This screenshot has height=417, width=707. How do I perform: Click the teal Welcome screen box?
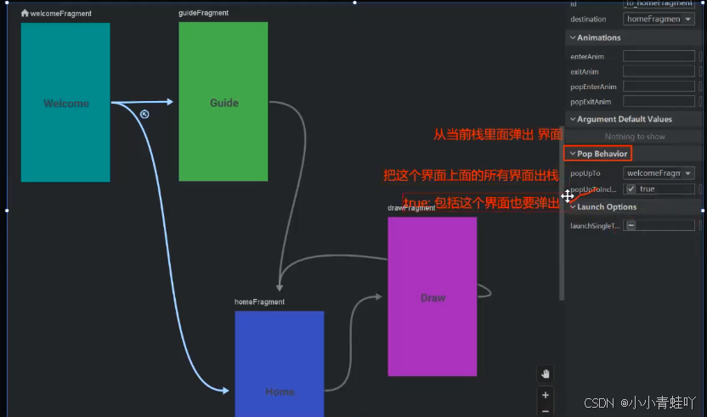click(65, 102)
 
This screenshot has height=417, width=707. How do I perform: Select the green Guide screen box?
click(223, 102)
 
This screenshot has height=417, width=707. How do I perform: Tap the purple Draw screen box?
click(432, 296)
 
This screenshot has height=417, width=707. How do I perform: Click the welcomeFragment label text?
click(61, 14)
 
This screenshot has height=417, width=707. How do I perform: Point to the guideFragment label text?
click(203, 13)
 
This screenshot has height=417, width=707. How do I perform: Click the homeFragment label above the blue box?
click(259, 301)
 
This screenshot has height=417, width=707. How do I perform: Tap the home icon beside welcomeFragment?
click(25, 14)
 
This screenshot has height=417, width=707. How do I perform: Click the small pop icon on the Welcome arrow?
click(144, 114)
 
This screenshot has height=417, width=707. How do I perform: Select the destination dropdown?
click(659, 19)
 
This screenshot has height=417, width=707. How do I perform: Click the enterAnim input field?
click(659, 56)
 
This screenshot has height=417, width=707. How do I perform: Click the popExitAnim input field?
click(659, 102)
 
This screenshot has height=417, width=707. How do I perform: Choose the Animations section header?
click(598, 37)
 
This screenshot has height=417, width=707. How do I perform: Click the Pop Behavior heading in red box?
click(602, 154)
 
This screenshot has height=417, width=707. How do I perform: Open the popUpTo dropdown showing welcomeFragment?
click(659, 173)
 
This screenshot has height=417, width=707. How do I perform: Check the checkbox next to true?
click(631, 189)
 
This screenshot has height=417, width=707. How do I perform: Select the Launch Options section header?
click(607, 206)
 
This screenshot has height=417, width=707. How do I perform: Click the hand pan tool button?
click(546, 373)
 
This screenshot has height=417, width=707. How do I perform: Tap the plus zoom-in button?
click(546, 394)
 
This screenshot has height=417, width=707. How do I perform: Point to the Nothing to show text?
click(635, 137)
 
